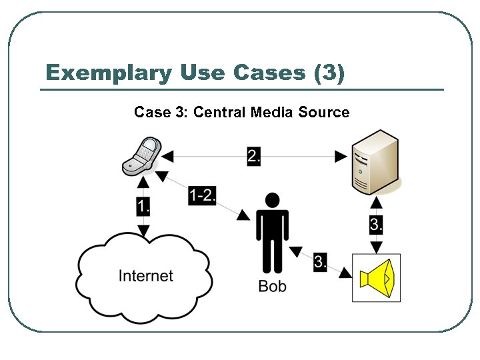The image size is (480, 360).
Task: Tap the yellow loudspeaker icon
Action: pos(376,277)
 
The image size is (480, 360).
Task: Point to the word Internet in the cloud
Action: pos(145,275)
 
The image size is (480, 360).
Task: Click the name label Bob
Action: pos(272,287)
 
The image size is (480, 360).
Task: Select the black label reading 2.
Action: pos(254,156)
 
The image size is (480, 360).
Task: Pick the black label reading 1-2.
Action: pos(203,195)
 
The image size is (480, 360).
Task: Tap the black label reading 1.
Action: pos(143,207)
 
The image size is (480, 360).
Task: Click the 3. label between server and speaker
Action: pos(377,225)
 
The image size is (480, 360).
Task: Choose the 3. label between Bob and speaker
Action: pos(321,262)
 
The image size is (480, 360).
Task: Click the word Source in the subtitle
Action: pos(324,112)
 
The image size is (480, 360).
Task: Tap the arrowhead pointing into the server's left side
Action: pos(341,157)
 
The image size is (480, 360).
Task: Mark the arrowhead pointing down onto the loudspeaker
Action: pos(377,248)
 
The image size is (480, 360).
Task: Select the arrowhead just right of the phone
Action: pos(168,157)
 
